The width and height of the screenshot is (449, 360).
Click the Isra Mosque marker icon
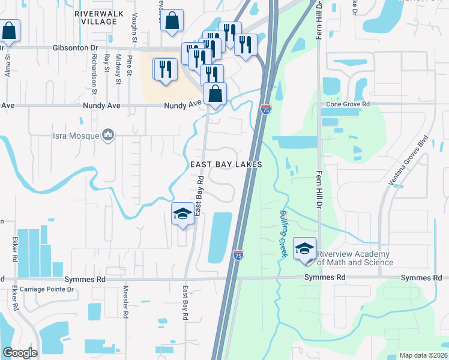[x=108, y=136]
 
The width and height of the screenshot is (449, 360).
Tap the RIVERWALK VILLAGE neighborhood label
[x=95, y=17]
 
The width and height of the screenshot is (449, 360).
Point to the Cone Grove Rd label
[x=347, y=104]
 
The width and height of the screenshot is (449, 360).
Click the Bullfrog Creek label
[x=283, y=234]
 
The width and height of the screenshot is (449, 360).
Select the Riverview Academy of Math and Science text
[x=355, y=258]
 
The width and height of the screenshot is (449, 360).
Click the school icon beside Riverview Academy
[x=304, y=248]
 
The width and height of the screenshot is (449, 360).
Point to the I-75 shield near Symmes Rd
[x=238, y=254]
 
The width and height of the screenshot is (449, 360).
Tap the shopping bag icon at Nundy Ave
[x=215, y=94]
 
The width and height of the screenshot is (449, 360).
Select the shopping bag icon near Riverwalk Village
[x=172, y=20]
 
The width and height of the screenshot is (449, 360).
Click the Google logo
[x=20, y=353]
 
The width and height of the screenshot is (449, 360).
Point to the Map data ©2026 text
[x=423, y=355]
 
